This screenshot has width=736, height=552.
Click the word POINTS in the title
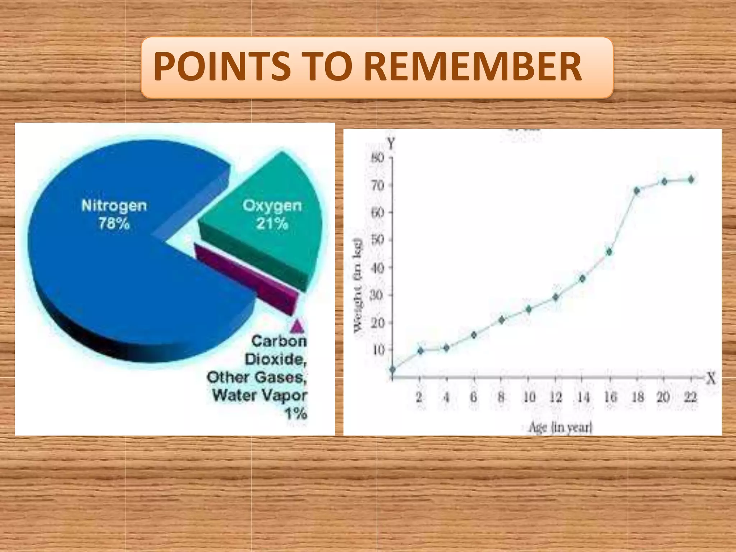tap(222, 67)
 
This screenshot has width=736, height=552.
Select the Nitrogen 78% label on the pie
tap(114, 215)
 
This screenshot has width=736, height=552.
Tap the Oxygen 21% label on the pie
tap(272, 215)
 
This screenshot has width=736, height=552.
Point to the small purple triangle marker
tap(298, 326)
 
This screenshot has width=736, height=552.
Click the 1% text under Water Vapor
tap(296, 414)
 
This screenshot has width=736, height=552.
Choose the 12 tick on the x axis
tap(555, 397)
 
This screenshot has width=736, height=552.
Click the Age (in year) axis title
tap(560, 427)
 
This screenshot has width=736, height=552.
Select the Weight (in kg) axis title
tap(358, 286)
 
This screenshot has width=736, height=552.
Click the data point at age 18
tap(637, 190)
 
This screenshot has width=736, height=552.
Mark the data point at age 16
tap(609, 252)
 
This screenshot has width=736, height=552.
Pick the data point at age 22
tap(691, 179)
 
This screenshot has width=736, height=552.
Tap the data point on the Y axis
tap(392, 369)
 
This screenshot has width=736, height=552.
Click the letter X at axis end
tap(710, 378)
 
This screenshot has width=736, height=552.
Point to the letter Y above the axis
tap(391, 144)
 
